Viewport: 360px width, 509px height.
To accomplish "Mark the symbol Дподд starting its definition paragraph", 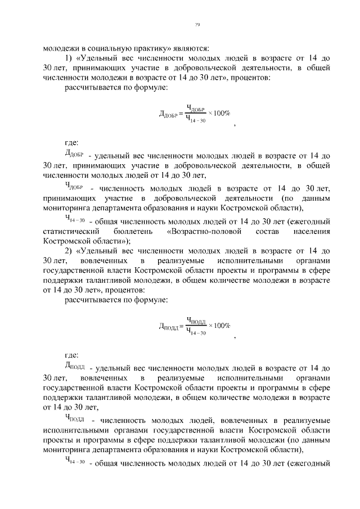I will pos(75,367).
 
